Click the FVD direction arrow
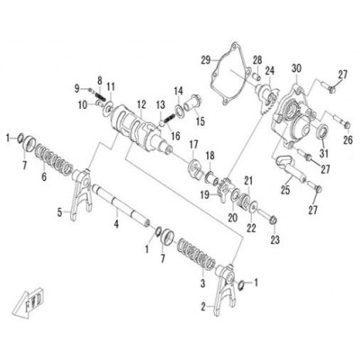(28, 302)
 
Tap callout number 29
(206, 60)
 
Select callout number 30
(296, 69)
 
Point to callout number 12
(141, 104)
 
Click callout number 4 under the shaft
(116, 223)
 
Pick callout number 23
(275, 239)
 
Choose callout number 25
(285, 190)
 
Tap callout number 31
(324, 154)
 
